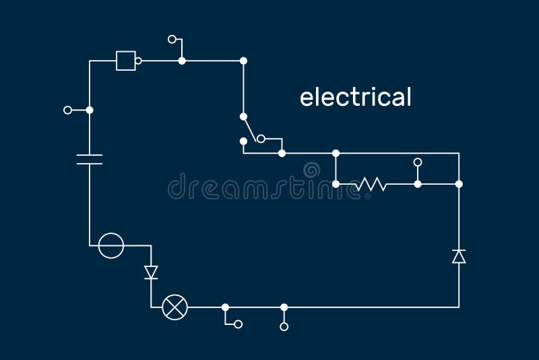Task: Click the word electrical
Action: [355, 97]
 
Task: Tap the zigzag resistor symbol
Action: [371, 183]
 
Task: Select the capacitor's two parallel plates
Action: [89, 160]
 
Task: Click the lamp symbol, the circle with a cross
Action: [175, 307]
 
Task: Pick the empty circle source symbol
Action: [111, 245]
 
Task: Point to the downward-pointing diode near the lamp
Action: [151, 272]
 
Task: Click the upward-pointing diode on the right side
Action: [459, 256]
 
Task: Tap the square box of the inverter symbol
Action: [125, 61]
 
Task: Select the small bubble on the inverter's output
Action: [138, 61]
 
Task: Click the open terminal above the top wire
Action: [172, 40]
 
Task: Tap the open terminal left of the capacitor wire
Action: [67, 110]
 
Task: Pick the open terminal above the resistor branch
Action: [418, 162]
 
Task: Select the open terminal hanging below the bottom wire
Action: [284, 326]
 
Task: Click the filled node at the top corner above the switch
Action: [243, 61]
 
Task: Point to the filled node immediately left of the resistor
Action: [336, 183]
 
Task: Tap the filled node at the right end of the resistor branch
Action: [459, 183]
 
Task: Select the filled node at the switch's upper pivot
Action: [243, 117]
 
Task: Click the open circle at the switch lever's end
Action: [261, 140]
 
